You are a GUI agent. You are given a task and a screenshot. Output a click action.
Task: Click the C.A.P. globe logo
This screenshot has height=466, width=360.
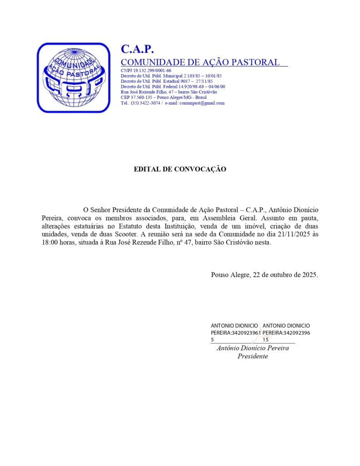73,77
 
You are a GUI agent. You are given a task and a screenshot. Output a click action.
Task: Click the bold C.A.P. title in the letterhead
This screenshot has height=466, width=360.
137,49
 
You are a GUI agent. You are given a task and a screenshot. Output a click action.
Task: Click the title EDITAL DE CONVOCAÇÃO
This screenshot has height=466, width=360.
180,169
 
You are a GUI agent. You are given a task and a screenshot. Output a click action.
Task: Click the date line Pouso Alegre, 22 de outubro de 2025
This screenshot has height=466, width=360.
264,275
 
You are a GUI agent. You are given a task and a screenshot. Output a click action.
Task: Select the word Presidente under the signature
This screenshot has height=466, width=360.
253,356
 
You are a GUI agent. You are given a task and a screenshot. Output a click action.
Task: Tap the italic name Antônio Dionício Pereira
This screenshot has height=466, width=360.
253,348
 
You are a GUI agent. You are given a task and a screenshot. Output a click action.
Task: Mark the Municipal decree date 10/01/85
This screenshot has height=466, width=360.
212,76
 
